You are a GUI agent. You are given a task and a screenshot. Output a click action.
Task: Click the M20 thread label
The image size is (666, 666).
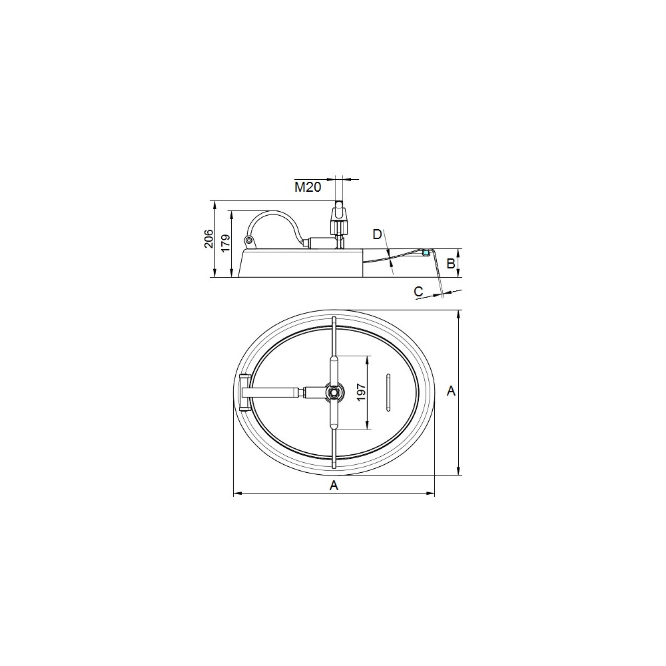click(308, 187)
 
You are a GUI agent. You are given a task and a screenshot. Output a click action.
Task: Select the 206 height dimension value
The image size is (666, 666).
click(208, 238)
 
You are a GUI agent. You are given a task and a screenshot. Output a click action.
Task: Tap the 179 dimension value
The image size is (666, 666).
click(225, 243)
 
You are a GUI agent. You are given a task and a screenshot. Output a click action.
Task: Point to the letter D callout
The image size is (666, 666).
click(377, 234)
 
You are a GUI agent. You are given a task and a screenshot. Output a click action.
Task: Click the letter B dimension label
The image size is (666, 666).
click(451, 264)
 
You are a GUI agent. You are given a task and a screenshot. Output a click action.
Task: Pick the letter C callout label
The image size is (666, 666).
click(418, 292)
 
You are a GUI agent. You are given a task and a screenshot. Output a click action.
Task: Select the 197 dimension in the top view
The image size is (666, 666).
click(361, 392)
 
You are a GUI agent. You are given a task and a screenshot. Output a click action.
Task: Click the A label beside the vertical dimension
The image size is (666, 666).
click(451, 391)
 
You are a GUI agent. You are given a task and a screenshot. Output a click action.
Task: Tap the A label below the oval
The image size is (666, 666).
click(334, 486)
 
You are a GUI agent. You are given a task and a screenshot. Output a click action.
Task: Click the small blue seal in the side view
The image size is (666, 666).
click(426, 253)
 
